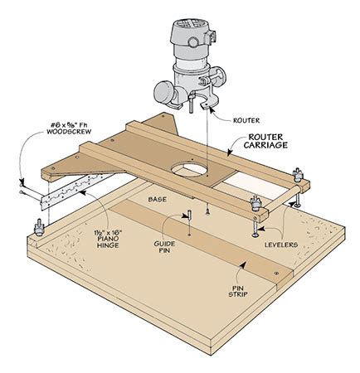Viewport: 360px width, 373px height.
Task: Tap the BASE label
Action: pyautogui.click(x=159, y=200)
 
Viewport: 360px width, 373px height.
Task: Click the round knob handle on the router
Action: pyautogui.click(x=163, y=91)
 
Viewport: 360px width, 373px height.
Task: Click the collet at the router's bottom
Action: pyautogui.click(x=197, y=107)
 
